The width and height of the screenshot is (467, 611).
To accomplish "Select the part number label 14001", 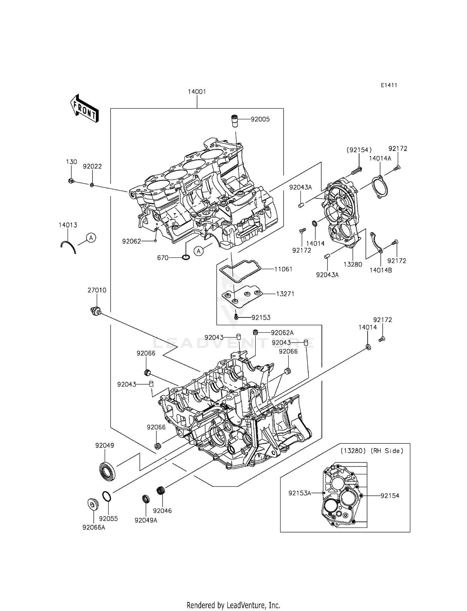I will pos(197,92).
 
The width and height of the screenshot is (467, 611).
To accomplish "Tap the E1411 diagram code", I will pos(389,85).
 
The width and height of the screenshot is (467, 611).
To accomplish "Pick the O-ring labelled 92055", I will pos(106,496).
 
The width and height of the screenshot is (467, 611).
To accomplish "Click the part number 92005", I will pos(260,119).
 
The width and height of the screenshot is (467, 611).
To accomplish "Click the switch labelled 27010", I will pos(95,311).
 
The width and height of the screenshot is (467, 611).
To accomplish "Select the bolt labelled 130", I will pos(71,181).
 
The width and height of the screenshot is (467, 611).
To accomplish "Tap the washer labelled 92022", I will pos(92,185).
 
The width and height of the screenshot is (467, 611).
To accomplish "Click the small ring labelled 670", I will pos(186,258).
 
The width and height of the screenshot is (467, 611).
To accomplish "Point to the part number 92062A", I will pos(282,333).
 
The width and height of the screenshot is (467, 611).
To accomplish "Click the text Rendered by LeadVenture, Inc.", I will pos(233,605).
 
